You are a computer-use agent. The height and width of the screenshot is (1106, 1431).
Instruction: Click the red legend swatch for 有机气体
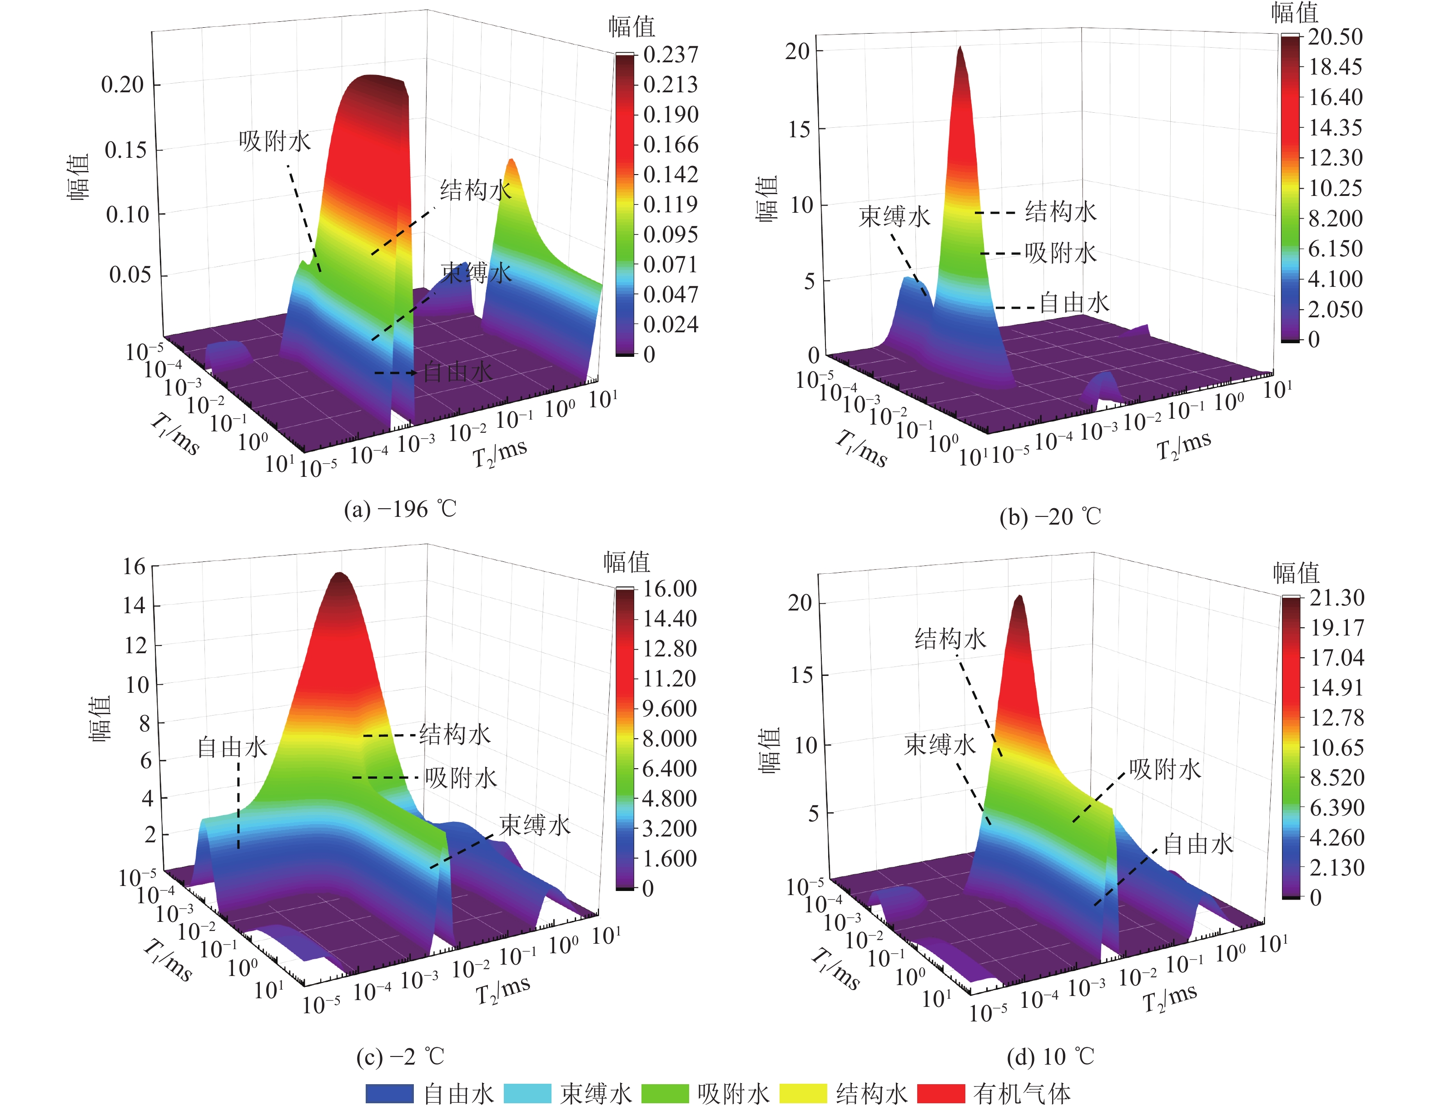(941, 1093)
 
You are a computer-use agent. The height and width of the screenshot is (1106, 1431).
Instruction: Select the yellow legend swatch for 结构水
(803, 1093)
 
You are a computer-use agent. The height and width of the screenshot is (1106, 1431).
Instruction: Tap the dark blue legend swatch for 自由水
(390, 1093)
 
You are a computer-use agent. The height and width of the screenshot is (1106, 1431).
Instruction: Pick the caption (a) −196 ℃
(400, 509)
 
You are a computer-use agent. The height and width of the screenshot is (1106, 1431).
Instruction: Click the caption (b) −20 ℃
(1050, 516)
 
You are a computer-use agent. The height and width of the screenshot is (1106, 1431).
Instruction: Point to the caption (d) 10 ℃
(1050, 1056)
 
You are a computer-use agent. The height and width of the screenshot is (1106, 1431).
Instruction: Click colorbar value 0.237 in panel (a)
(670, 55)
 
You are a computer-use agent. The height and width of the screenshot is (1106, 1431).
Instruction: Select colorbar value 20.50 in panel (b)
(1335, 37)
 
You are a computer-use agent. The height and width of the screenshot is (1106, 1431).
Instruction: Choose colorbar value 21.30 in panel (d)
(1337, 597)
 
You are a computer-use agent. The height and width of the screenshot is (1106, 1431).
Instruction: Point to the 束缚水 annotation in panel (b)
(894, 216)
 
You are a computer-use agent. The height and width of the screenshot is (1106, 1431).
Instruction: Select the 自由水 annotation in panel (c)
(233, 747)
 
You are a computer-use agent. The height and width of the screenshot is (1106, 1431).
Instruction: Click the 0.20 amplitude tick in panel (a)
(123, 85)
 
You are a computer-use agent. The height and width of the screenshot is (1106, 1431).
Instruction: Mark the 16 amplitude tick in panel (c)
(134, 566)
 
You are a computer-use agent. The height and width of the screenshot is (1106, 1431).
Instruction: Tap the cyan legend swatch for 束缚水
(527, 1093)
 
